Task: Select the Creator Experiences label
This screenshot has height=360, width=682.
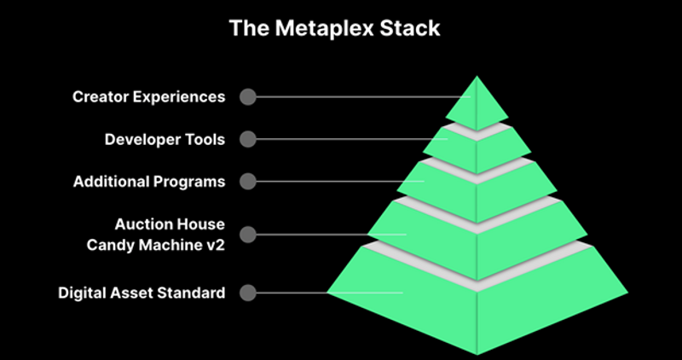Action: click(148, 96)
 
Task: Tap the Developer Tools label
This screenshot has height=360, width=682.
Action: click(165, 139)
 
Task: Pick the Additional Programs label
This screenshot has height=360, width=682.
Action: click(148, 182)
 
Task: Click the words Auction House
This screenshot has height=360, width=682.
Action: click(170, 224)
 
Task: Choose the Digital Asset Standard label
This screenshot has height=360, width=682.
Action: click(142, 293)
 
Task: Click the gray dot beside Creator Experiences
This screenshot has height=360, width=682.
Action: click(247, 96)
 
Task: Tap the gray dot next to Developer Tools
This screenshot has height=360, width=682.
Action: click(247, 139)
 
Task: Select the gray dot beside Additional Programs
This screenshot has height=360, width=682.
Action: click(247, 182)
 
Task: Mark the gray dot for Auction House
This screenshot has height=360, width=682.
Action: click(247, 233)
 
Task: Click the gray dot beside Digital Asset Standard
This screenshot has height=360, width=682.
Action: click(247, 293)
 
